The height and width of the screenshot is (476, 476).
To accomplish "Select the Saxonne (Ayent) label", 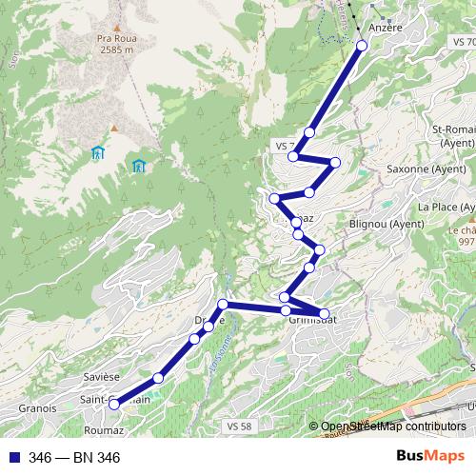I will pos(426,169).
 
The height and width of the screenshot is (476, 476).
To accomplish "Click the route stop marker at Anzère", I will pos(362,45).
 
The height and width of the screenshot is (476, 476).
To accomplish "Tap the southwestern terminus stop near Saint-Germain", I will pos(114,404).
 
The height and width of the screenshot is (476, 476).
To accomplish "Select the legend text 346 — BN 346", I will pos(74,458).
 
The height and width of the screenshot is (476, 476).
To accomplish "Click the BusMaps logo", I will pos(429,457).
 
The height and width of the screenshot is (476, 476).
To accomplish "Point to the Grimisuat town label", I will pos(313,321).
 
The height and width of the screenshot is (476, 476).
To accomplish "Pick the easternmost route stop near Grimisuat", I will pos(324,313).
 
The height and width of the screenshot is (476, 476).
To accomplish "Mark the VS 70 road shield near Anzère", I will pos(464,43).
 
